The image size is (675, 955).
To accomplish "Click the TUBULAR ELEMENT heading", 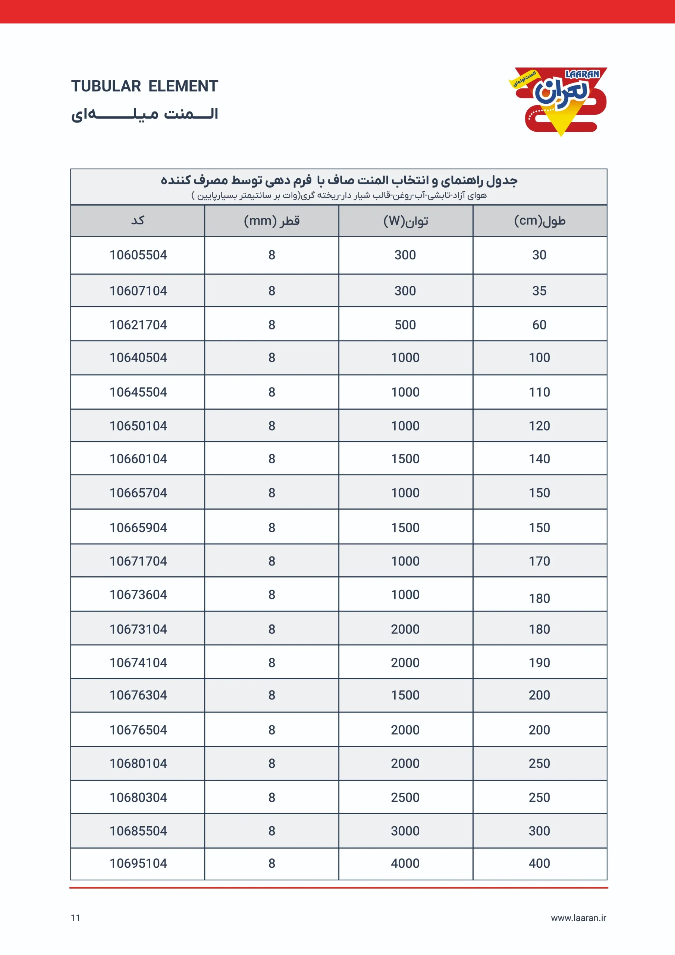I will pos(144,86).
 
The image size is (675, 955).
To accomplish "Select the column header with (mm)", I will pos(271,221).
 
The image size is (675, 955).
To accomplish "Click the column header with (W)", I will pos(405,221).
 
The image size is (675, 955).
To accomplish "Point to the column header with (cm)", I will pos(539,221).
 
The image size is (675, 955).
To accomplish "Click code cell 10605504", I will pos(138,255).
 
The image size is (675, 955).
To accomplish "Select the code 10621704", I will pos(138,325).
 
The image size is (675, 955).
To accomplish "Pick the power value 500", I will pos(405,325).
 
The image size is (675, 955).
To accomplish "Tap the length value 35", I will pos(539,291).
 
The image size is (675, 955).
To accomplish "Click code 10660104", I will pos(138,459).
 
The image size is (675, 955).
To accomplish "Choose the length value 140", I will pos(539,459).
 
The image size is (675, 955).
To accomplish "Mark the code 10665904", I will pos(138,527).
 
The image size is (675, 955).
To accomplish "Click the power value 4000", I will pos(405,863).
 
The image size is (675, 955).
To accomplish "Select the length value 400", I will pos(539,863).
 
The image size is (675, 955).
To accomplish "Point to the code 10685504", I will pos(138,831).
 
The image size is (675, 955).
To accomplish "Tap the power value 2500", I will pos(405,797).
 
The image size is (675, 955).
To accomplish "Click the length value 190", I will pos(539,663).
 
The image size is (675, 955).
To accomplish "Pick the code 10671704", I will pos(138,561).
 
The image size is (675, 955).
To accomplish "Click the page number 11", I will pos(75,918).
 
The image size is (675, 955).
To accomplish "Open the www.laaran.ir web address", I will pos(578,918).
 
